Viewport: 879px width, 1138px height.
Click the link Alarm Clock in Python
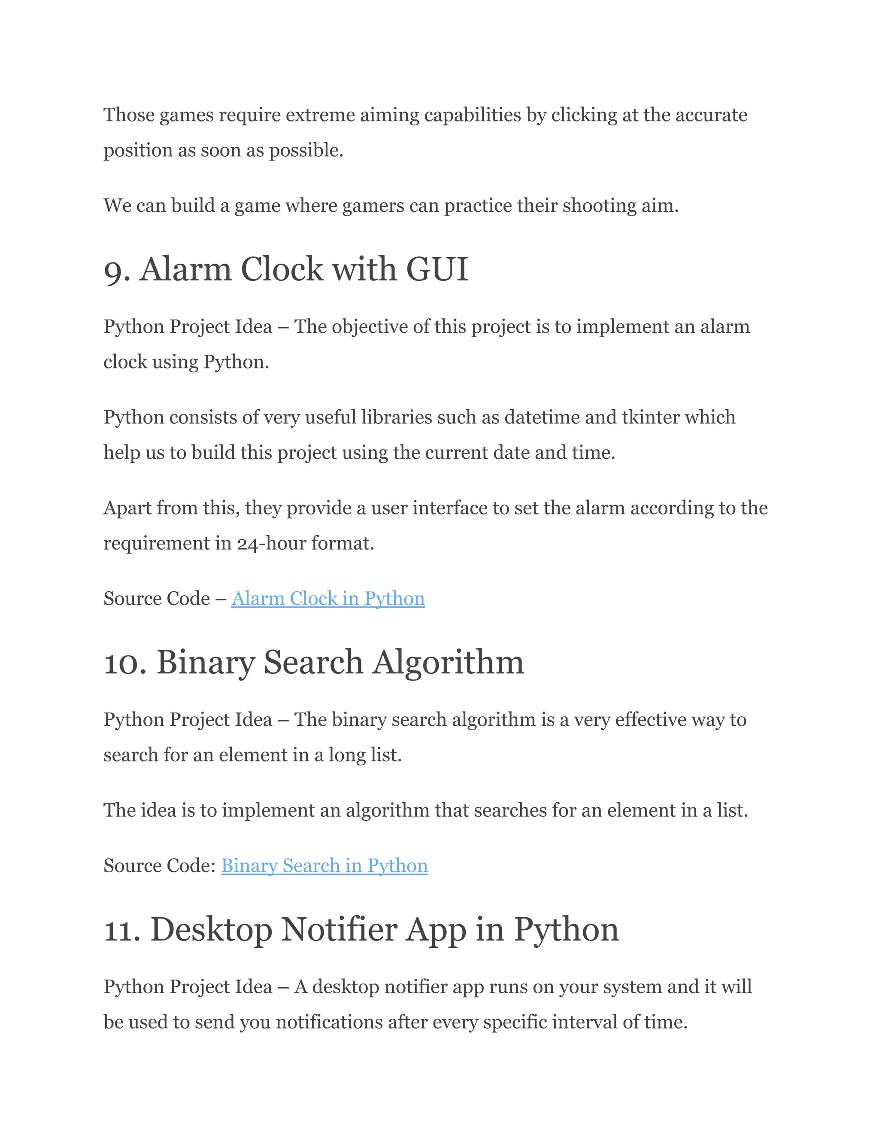(x=328, y=599)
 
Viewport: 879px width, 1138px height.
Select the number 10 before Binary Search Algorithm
(x=124, y=663)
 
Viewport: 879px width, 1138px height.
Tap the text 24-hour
(x=271, y=544)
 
